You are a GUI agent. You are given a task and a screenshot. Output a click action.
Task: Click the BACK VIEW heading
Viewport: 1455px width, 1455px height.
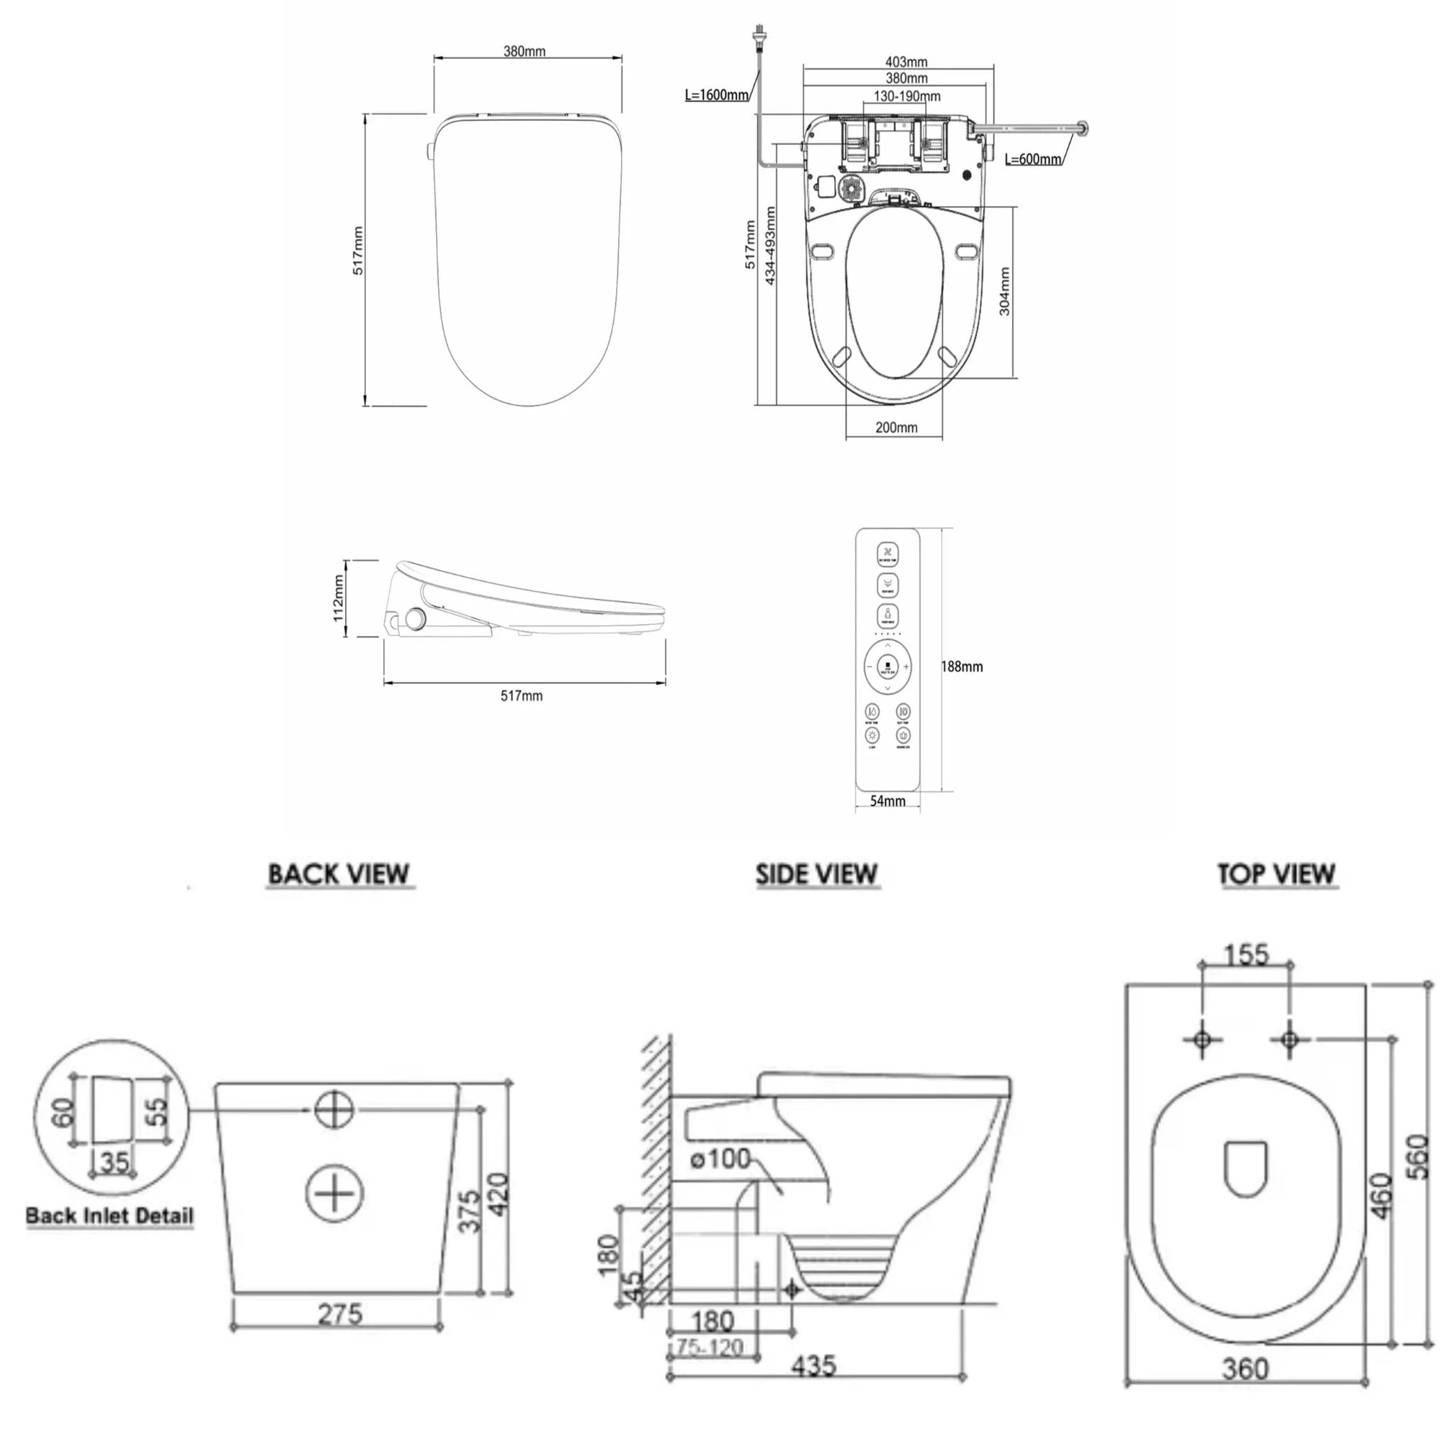pyautogui.click(x=339, y=875)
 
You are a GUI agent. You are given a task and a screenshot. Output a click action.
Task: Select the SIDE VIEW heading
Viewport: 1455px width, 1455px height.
pyautogui.click(x=817, y=875)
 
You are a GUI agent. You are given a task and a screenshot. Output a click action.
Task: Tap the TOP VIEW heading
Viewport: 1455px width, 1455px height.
pyautogui.click(x=1277, y=875)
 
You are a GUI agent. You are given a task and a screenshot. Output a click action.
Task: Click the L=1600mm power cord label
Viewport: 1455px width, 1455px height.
pyautogui.click(x=716, y=95)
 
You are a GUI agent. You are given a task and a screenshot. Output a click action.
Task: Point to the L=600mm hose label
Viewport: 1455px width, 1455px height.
pyautogui.click(x=1033, y=159)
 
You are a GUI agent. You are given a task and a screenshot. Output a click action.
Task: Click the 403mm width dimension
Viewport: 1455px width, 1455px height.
pyautogui.click(x=906, y=62)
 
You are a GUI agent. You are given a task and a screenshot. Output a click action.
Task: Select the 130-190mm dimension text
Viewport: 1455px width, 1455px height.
pyautogui.click(x=907, y=97)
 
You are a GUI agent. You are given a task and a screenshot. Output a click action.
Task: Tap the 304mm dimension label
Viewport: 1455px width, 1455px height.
pyautogui.click(x=1005, y=291)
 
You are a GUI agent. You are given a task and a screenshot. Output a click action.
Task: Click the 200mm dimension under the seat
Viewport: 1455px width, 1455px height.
pyautogui.click(x=896, y=428)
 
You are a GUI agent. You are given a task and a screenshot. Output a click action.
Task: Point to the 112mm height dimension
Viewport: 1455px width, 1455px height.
pyautogui.click(x=339, y=598)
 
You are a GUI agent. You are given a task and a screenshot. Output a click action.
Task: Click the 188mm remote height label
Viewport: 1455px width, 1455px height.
pyautogui.click(x=962, y=666)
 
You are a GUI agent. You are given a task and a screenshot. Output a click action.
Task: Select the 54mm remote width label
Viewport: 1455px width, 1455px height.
pyautogui.click(x=887, y=801)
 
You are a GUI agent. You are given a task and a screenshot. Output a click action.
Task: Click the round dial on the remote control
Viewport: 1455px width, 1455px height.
pyautogui.click(x=887, y=666)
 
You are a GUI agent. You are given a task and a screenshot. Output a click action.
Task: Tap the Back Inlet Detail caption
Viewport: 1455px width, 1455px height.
pyautogui.click(x=110, y=1216)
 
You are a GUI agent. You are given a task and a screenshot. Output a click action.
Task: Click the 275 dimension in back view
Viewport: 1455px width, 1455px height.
pyautogui.click(x=340, y=1314)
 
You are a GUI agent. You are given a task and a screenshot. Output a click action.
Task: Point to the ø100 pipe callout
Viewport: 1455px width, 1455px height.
pyautogui.click(x=720, y=1158)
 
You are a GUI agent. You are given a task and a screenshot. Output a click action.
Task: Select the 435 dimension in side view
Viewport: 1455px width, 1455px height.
pyautogui.click(x=814, y=1365)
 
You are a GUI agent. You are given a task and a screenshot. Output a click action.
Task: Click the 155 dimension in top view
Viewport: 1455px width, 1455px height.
pyautogui.click(x=1246, y=955)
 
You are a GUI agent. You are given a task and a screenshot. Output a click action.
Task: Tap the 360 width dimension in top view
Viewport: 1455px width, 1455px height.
pyautogui.click(x=1245, y=1368)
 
